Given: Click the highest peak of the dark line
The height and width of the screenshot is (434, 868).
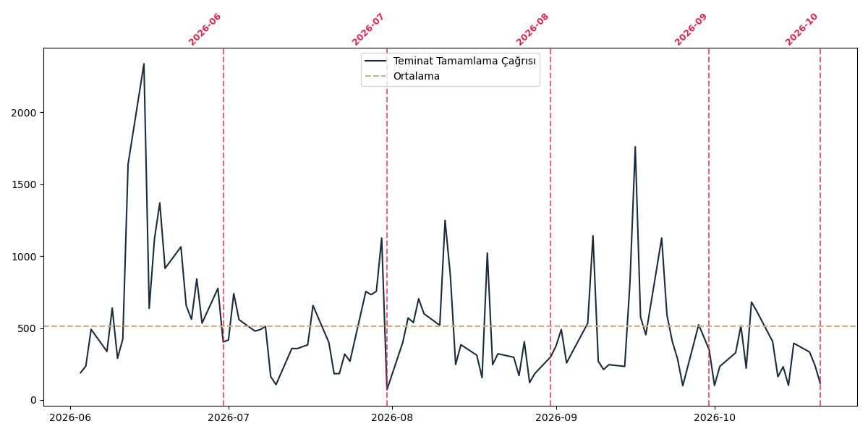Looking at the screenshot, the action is pyautogui.click(x=144, y=64).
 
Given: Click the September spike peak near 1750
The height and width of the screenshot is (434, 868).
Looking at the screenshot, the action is pyautogui.click(x=635, y=146).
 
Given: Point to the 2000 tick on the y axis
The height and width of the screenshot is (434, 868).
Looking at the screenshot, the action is pyautogui.click(x=24, y=113).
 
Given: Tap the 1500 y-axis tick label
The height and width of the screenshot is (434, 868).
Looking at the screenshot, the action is pyautogui.click(x=24, y=185).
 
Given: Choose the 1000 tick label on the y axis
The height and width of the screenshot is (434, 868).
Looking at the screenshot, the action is pyautogui.click(x=24, y=257).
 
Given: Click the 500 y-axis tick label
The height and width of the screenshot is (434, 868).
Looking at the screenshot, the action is pyautogui.click(x=27, y=328).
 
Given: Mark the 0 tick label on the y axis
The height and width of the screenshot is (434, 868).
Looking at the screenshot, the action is pyautogui.click(x=33, y=400).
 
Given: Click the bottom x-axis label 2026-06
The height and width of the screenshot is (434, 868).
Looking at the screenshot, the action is pyautogui.click(x=70, y=417).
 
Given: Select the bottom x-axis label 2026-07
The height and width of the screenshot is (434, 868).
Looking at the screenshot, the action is pyautogui.click(x=229, y=417).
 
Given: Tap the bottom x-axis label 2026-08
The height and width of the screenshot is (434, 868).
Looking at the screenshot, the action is pyautogui.click(x=392, y=417).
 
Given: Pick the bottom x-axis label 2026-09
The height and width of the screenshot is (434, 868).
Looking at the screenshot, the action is pyautogui.click(x=556, y=417).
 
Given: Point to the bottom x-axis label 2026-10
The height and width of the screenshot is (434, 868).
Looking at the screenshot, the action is pyautogui.click(x=715, y=417).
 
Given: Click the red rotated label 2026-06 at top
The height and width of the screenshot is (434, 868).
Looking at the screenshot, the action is pyautogui.click(x=205, y=30).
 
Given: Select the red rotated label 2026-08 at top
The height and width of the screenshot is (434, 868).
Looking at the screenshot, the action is pyautogui.click(x=532, y=30).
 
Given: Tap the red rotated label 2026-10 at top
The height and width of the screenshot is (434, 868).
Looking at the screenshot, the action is pyautogui.click(x=801, y=30).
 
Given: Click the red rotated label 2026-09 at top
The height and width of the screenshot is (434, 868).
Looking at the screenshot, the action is pyautogui.click(x=691, y=30).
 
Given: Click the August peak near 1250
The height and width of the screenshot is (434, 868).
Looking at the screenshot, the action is pyautogui.click(x=445, y=220).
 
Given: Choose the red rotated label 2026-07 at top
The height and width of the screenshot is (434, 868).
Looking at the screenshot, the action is pyautogui.click(x=367, y=30).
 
